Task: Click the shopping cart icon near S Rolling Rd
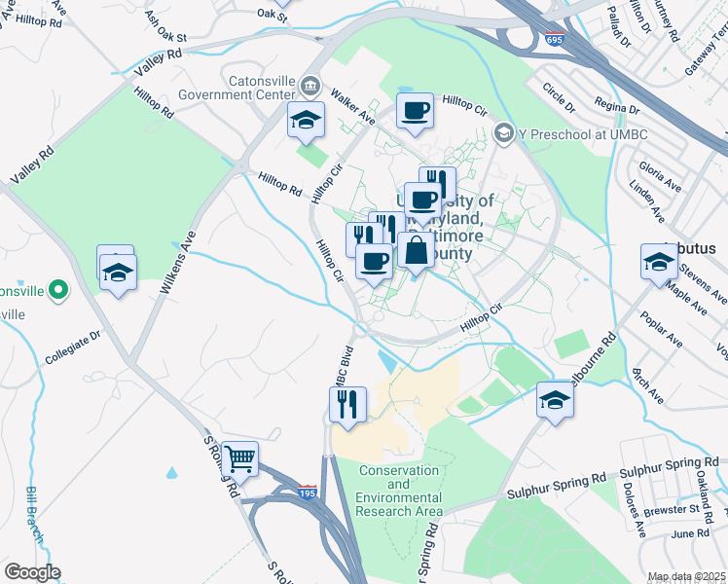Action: [x=239, y=456]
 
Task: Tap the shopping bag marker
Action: [x=416, y=250]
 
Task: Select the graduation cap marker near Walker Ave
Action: [x=306, y=121]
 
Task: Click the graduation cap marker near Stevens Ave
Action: [x=659, y=261]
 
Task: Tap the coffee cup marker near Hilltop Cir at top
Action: [x=415, y=111]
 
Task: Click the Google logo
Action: [x=32, y=572]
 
